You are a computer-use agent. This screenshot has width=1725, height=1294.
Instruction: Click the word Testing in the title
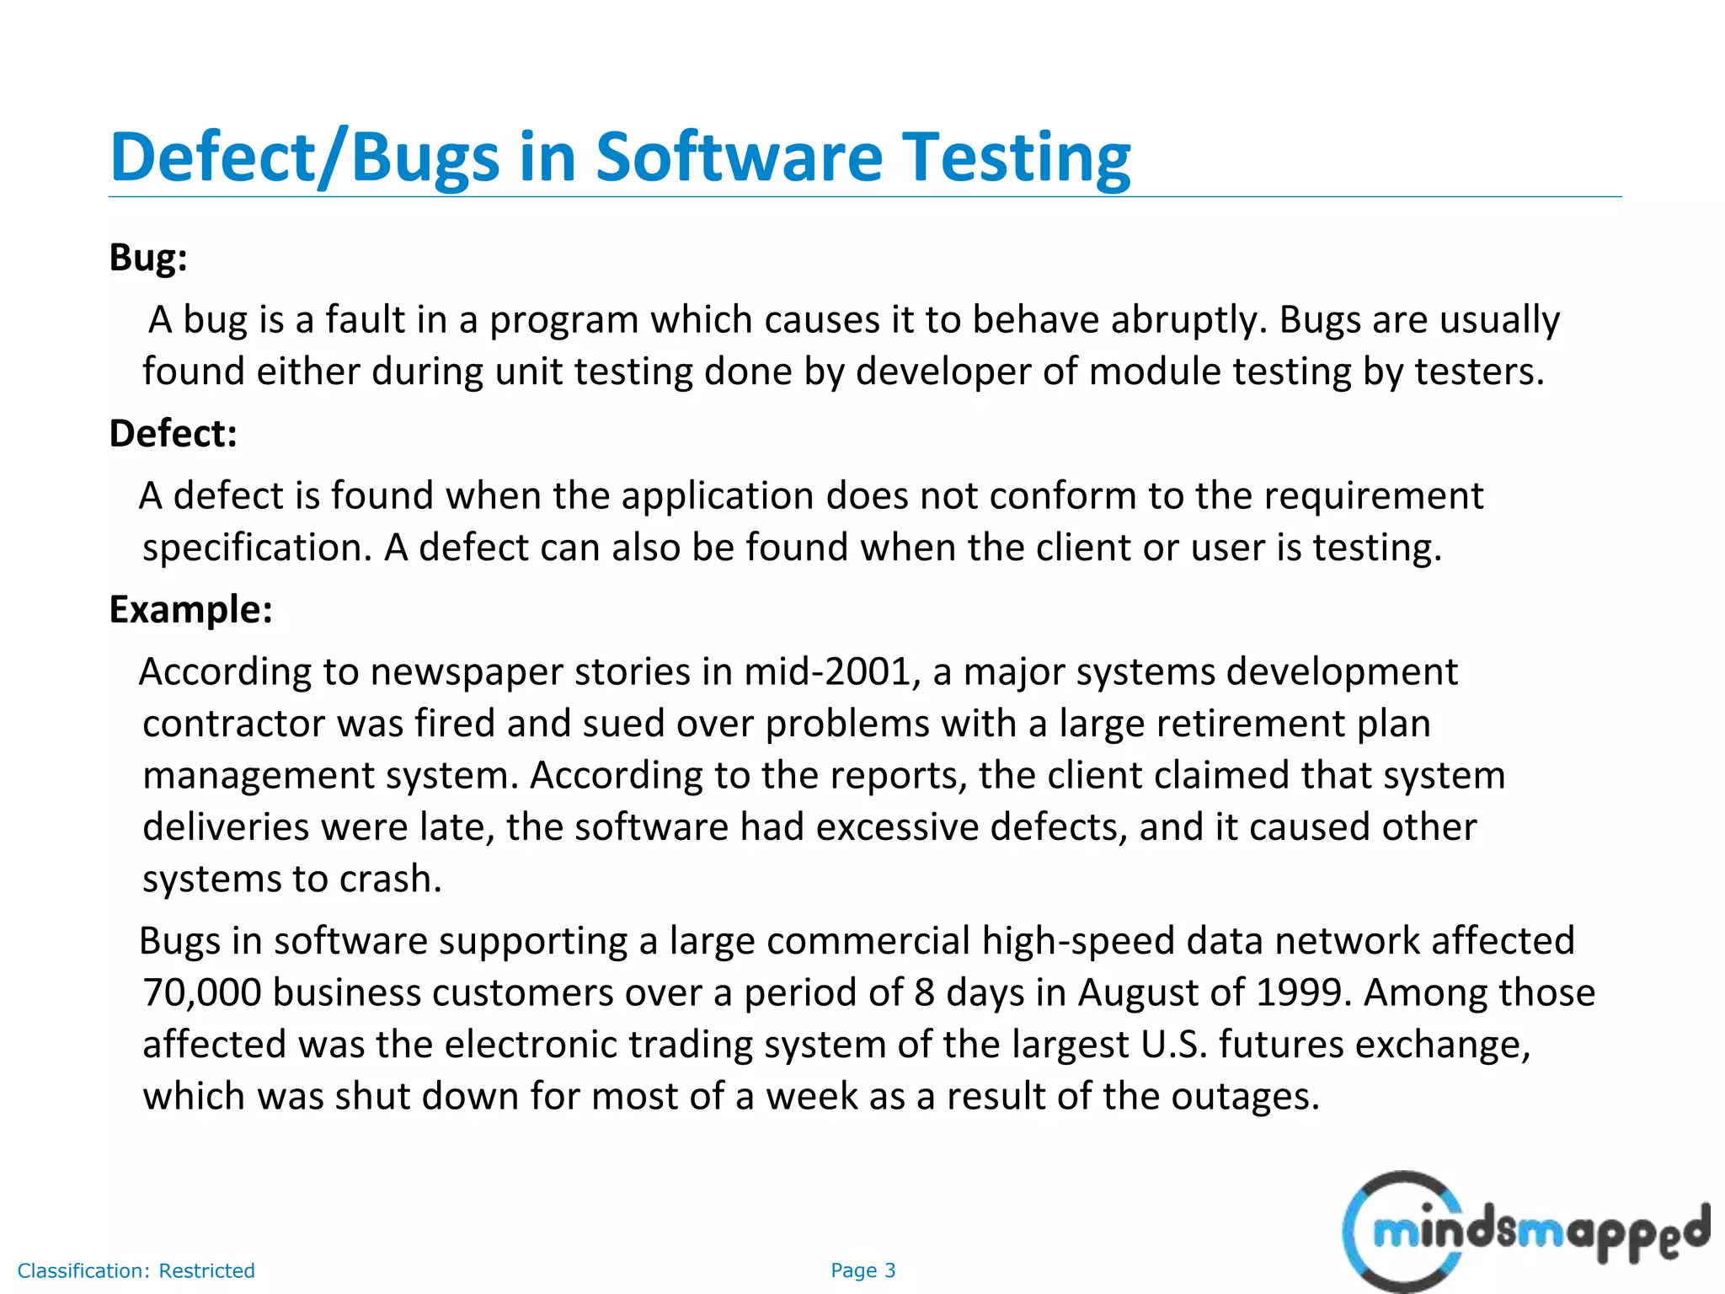1017,158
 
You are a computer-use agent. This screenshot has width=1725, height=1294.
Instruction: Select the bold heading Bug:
148,257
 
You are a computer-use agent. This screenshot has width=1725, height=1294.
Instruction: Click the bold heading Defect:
174,433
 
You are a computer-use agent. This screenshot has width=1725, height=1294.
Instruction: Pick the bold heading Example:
191,609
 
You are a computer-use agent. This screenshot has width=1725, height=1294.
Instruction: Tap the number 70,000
201,992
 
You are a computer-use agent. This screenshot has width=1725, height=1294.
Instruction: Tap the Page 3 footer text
862,1270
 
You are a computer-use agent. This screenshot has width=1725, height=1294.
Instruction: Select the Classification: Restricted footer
136,1270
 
